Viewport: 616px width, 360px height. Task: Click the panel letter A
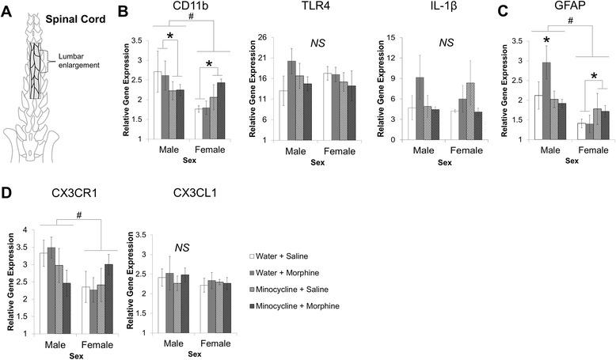(x=7, y=9)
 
